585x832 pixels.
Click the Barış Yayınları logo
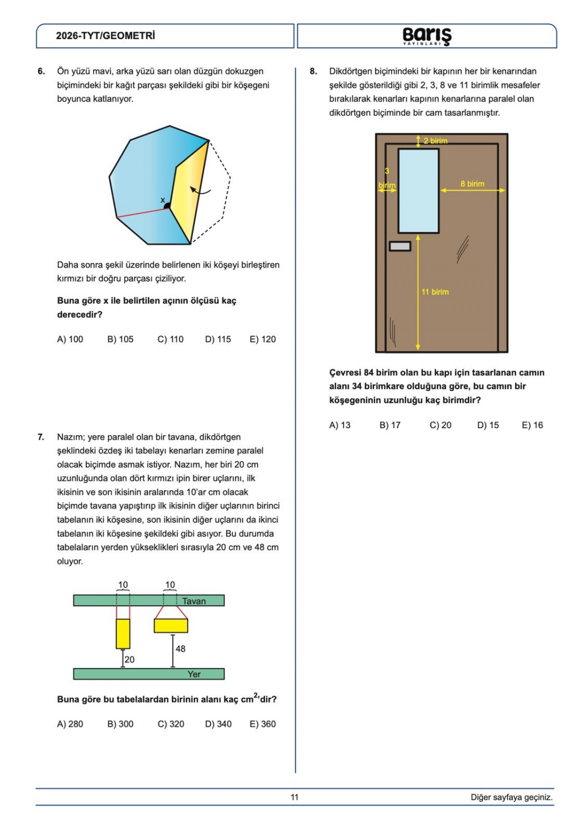point(427,36)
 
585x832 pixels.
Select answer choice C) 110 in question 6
point(171,339)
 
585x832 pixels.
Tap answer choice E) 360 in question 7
point(263,724)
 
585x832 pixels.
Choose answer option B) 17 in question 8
point(390,425)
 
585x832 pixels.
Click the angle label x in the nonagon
point(163,200)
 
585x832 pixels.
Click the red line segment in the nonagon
point(141,212)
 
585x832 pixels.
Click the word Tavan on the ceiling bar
point(194,601)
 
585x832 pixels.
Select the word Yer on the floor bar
point(194,674)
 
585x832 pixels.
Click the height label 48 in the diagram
point(180,649)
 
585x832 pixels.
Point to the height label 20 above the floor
point(130,659)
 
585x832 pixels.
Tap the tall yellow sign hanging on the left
point(123,634)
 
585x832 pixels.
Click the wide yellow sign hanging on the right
point(171,625)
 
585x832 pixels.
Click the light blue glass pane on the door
point(418,191)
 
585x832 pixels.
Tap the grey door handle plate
point(400,247)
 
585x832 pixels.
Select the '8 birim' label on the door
point(472,184)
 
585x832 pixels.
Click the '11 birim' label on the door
point(435,292)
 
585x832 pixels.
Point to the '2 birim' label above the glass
point(435,141)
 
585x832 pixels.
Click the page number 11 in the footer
point(294,797)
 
